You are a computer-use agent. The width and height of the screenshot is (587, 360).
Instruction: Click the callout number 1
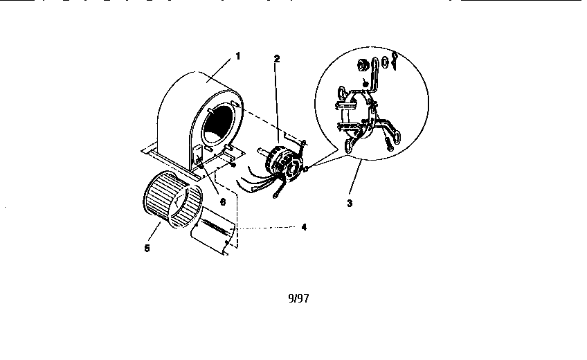[x=237, y=56]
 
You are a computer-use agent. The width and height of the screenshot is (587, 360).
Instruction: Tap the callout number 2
[x=277, y=59]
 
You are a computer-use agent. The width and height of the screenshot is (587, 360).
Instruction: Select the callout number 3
[x=350, y=204]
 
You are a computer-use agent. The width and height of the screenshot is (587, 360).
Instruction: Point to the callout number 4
[x=304, y=227]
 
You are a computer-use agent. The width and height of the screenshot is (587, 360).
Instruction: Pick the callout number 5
[x=147, y=248]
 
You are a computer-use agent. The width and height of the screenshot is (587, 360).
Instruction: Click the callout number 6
[x=223, y=202]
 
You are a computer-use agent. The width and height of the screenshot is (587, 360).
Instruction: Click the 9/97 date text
[x=299, y=298]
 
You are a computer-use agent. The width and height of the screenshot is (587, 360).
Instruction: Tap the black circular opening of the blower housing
[x=217, y=124]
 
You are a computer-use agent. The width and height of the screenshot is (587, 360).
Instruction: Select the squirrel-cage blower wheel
[x=173, y=199]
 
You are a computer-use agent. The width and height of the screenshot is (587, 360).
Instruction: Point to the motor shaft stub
[x=262, y=151]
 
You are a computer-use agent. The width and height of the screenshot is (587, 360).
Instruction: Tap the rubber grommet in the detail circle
[x=363, y=65]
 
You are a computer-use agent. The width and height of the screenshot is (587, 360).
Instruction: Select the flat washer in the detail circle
[x=384, y=62]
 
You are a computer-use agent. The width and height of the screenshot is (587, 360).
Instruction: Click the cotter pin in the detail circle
[x=394, y=61]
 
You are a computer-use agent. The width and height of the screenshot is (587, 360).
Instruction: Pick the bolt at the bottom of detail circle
[x=388, y=143]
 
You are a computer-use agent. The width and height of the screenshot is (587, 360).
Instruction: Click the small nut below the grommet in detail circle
[x=365, y=83]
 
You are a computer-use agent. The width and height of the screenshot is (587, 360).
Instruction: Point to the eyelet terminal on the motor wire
[x=276, y=194]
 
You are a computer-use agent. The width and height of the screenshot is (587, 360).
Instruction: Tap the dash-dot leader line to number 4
[x=267, y=228]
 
